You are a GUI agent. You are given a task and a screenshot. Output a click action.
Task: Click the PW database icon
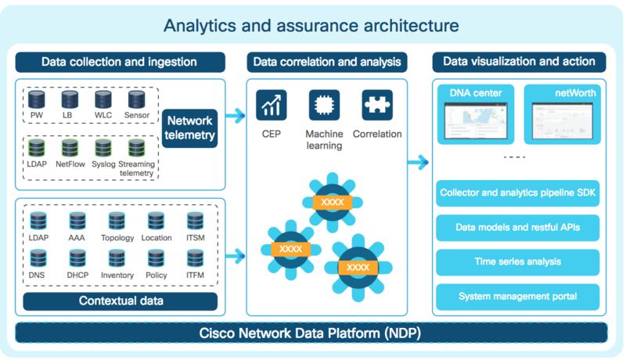(x=37, y=100)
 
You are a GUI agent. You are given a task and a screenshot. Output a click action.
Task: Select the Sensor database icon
(x=137, y=100)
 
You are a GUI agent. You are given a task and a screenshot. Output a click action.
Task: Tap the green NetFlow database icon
(x=70, y=148)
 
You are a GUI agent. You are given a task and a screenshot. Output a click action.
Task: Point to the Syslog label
(x=103, y=164)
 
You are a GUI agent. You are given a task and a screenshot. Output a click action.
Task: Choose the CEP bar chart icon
(x=272, y=105)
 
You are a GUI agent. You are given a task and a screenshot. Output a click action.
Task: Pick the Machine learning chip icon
(x=324, y=105)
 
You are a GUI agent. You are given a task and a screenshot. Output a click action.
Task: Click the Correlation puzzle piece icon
(x=376, y=105)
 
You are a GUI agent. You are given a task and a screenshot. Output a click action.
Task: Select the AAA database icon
(x=77, y=221)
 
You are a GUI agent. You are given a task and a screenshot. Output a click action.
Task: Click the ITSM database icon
(x=195, y=221)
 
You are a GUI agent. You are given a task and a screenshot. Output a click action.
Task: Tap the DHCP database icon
(x=77, y=258)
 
